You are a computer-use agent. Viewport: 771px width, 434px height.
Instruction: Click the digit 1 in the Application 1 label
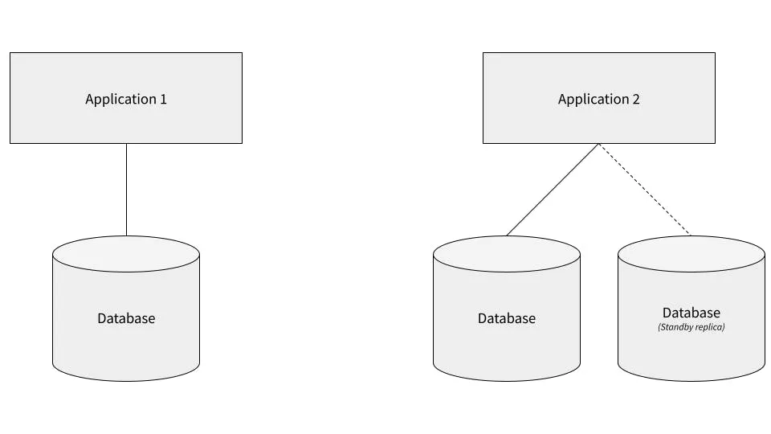pos(163,100)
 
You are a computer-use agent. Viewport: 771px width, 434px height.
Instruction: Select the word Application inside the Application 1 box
pos(120,100)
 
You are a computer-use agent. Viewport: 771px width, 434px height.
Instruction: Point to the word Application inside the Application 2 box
pos(594,100)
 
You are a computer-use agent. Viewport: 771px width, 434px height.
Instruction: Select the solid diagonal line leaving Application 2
pos(553,190)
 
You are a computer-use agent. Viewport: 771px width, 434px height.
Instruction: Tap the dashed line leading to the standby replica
pos(644,190)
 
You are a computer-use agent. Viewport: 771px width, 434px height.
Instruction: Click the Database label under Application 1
pos(126,318)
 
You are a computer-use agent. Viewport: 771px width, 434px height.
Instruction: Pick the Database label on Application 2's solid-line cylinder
pos(506,318)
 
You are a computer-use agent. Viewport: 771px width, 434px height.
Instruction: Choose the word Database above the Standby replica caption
pos(691,313)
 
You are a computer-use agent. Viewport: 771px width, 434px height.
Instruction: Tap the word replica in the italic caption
pos(710,328)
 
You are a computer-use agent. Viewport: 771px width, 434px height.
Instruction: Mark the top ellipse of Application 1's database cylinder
pos(126,253)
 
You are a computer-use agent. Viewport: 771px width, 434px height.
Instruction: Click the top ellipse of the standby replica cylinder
pos(691,253)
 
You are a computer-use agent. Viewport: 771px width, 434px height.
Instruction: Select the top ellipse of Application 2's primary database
pos(506,253)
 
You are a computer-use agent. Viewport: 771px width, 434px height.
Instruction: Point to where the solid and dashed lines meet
pos(598,145)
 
